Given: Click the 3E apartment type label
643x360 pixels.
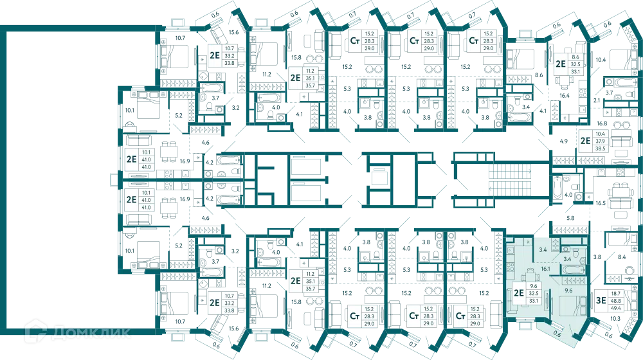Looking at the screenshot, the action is tap(601, 301).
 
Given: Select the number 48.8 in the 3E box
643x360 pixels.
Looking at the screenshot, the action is tap(616, 301).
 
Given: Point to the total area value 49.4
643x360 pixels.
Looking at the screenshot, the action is tap(616, 308).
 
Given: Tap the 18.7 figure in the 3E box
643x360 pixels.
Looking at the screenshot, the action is tap(616, 294).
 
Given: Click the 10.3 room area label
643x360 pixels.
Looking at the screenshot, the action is tap(615, 319).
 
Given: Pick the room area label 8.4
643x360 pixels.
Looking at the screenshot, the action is tap(622, 257).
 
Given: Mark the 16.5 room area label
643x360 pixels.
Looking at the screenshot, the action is tap(601, 203).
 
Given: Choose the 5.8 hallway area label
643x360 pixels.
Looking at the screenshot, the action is tap(570, 218).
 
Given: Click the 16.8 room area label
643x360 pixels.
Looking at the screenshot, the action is tap(602, 123).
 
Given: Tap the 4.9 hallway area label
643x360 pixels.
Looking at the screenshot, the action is tap(564, 141).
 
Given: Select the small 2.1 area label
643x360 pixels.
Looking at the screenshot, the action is tap(597, 100).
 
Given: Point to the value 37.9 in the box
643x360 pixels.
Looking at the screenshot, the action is tap(601, 141).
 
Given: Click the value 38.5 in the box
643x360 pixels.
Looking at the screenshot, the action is tap(601, 148).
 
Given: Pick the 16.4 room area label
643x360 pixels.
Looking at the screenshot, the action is tap(565, 96).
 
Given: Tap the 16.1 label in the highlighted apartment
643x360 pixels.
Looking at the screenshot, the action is tap(545, 269).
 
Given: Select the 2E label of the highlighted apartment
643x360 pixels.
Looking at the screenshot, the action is tap(519, 292).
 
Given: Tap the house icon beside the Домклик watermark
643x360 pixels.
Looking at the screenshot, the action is tap(35, 331).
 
